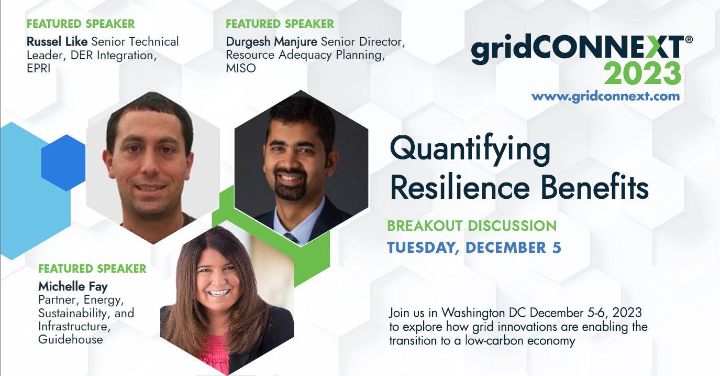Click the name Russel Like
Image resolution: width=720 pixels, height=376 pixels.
[57, 41]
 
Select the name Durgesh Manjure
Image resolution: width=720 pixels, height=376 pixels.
[271, 42]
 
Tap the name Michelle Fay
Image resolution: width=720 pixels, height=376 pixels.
[73, 286]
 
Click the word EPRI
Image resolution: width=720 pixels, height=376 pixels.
[39, 69]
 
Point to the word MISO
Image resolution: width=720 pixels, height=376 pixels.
[241, 68]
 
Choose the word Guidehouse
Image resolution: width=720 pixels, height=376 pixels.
[70, 340]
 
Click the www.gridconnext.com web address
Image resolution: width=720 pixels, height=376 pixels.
[605, 96]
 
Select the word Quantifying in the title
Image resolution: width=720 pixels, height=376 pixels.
[470, 149]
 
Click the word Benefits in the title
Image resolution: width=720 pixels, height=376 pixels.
[594, 187]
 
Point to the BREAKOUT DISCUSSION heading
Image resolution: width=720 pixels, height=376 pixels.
[472, 226]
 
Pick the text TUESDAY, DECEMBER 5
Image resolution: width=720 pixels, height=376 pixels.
[474, 248]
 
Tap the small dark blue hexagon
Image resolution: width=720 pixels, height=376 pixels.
[64, 163]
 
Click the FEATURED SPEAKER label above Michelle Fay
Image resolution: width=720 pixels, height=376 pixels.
[92, 269]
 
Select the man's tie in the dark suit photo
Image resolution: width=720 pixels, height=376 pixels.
[291, 238]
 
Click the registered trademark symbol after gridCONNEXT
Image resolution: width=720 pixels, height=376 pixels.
[689, 40]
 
